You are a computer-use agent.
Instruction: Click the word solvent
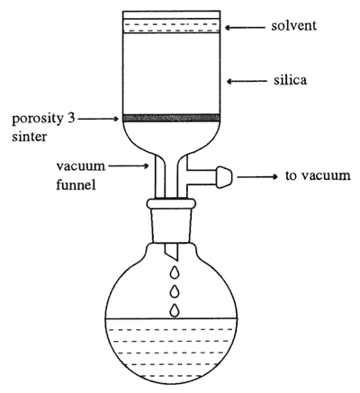pos(293,26)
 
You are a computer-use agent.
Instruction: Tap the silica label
pos(290,80)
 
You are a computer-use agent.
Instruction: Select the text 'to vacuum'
pos(318,175)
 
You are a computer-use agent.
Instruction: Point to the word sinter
pos(30,137)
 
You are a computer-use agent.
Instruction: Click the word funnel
pos(76,184)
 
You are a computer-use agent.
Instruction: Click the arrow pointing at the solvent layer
pos(246,28)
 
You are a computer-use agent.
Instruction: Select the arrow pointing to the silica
pos(247,81)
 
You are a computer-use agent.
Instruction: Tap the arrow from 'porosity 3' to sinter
pos(98,119)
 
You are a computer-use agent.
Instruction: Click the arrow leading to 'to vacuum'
pos(257,177)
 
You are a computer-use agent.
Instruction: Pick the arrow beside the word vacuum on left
pos(129,165)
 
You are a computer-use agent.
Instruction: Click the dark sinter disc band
pos(171,118)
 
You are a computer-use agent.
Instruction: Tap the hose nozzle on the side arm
pos(224,177)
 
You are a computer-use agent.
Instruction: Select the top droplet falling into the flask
pos(175,272)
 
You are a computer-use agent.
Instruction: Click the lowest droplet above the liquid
pos(175,310)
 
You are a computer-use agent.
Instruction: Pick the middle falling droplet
pos(175,291)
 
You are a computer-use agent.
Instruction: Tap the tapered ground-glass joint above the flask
pos(171,226)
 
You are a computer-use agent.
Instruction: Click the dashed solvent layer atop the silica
pos(172,26)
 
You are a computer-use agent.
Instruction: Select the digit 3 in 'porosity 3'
pos(69,119)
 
